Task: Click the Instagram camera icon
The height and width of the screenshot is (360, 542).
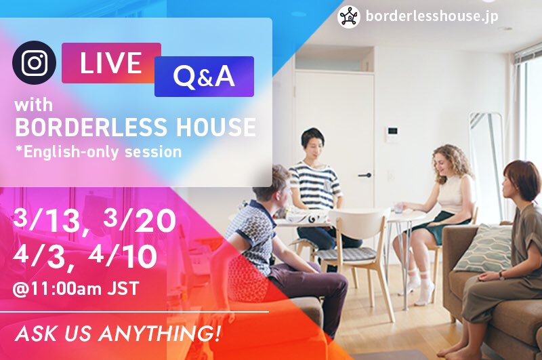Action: (34, 62)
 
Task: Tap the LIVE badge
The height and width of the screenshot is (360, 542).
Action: (111, 63)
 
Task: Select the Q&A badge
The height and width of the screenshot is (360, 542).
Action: (204, 77)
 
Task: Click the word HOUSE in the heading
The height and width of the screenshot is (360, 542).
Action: (216, 127)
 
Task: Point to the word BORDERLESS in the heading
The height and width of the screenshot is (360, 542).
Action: (91, 127)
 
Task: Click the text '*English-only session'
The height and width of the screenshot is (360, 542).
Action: (99, 152)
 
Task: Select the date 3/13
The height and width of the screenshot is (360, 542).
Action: (47, 220)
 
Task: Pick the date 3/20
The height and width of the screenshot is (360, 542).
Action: (140, 220)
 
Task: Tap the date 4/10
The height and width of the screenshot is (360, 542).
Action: (123, 256)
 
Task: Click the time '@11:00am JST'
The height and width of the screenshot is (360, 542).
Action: (76, 289)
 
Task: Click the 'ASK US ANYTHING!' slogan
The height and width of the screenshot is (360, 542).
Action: (117, 334)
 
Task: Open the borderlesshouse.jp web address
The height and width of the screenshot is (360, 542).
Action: (432, 16)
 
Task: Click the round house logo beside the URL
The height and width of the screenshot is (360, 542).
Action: (349, 16)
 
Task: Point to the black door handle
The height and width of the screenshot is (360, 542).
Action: (365, 176)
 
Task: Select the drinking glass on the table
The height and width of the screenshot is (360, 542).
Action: (398, 207)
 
